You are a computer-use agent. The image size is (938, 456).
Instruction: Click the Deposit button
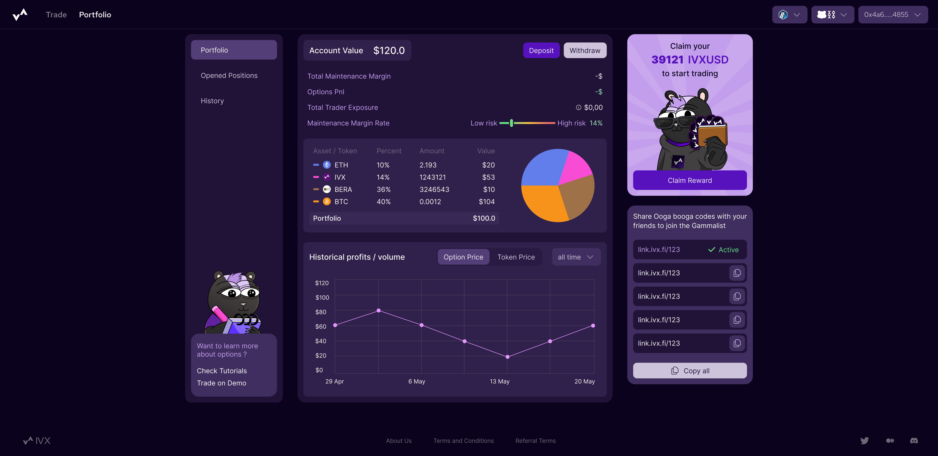click(x=541, y=51)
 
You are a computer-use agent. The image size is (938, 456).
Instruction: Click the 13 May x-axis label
click(x=500, y=381)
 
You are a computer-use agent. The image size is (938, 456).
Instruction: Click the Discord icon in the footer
click(x=914, y=441)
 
